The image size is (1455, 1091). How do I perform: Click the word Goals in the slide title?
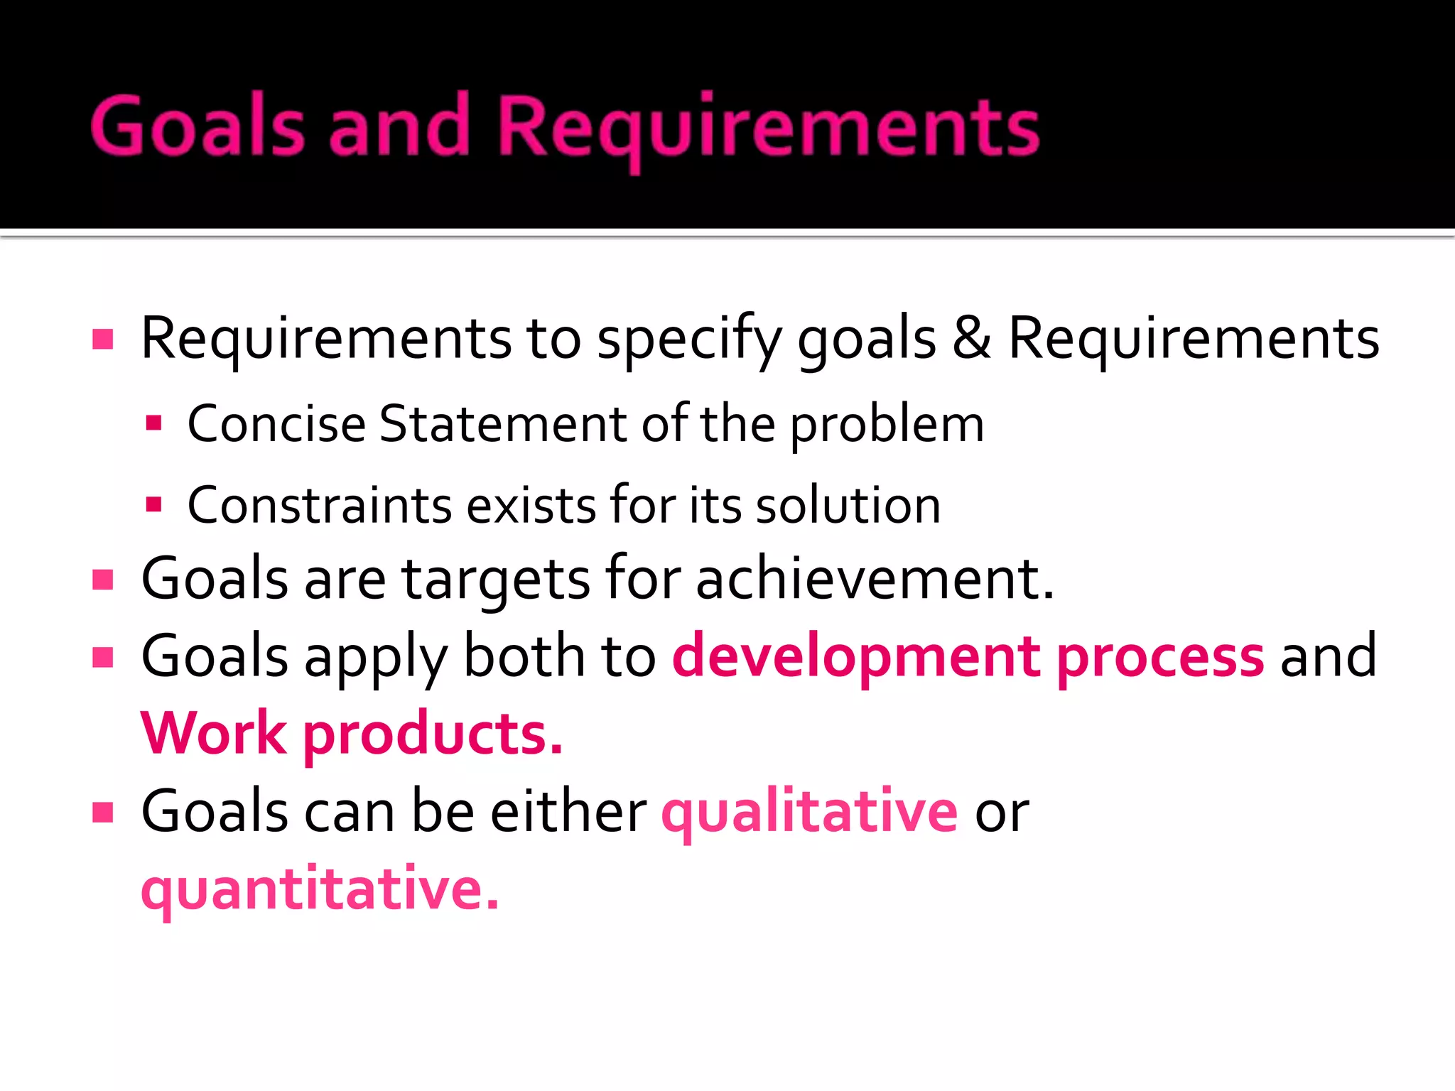[x=198, y=126]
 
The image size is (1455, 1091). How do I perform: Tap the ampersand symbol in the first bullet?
[x=971, y=338]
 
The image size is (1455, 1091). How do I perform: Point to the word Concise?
[x=276, y=424]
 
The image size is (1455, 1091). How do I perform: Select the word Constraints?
[x=319, y=505]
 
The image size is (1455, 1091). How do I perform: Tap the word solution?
[x=848, y=505]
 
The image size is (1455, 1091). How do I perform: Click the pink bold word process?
[x=1160, y=656]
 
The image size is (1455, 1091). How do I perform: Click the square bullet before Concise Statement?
[x=153, y=424]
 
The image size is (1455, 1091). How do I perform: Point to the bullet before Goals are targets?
[x=103, y=580]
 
